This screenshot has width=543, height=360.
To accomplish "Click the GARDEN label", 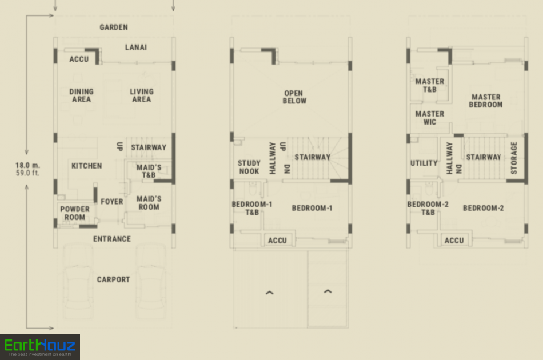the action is tap(114, 27).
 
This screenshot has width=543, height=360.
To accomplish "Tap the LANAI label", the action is tap(136, 47).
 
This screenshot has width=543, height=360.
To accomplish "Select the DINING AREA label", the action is tap(81, 95).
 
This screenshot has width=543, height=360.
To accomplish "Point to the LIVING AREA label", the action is tap(142, 95).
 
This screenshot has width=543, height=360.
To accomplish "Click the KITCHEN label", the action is tap(86, 166).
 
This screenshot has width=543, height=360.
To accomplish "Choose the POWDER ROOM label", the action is tap(75, 213).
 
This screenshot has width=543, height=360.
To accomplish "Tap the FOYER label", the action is tap(112, 202).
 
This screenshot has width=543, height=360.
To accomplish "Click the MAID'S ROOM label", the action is tap(149, 203).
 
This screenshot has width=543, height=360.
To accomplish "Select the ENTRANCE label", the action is tap(112, 239).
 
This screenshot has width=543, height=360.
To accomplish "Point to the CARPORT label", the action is tap(113, 279).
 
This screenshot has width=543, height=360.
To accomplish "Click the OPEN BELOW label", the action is tap(294, 97).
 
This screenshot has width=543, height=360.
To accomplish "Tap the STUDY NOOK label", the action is tap(249, 167).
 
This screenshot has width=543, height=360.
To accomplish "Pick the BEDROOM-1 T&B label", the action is tap(252, 208).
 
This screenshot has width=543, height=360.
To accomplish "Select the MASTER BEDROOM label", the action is tap(485, 101).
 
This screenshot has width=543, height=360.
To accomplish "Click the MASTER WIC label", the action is tap(429, 118).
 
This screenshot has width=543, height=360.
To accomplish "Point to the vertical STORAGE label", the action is tap(514, 158).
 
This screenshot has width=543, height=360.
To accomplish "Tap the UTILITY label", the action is tap(424, 163).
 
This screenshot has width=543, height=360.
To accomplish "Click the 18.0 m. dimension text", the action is tap(27, 166).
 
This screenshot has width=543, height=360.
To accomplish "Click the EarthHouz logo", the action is tap(40, 347).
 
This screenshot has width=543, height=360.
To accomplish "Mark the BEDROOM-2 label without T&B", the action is tap(483, 208).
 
